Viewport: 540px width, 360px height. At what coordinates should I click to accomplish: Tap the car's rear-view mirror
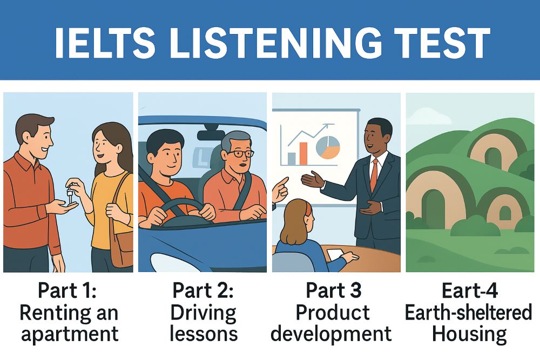point(211,134)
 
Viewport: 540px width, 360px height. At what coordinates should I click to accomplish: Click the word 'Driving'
point(203,313)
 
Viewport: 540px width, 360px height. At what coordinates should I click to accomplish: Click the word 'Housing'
point(468,334)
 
